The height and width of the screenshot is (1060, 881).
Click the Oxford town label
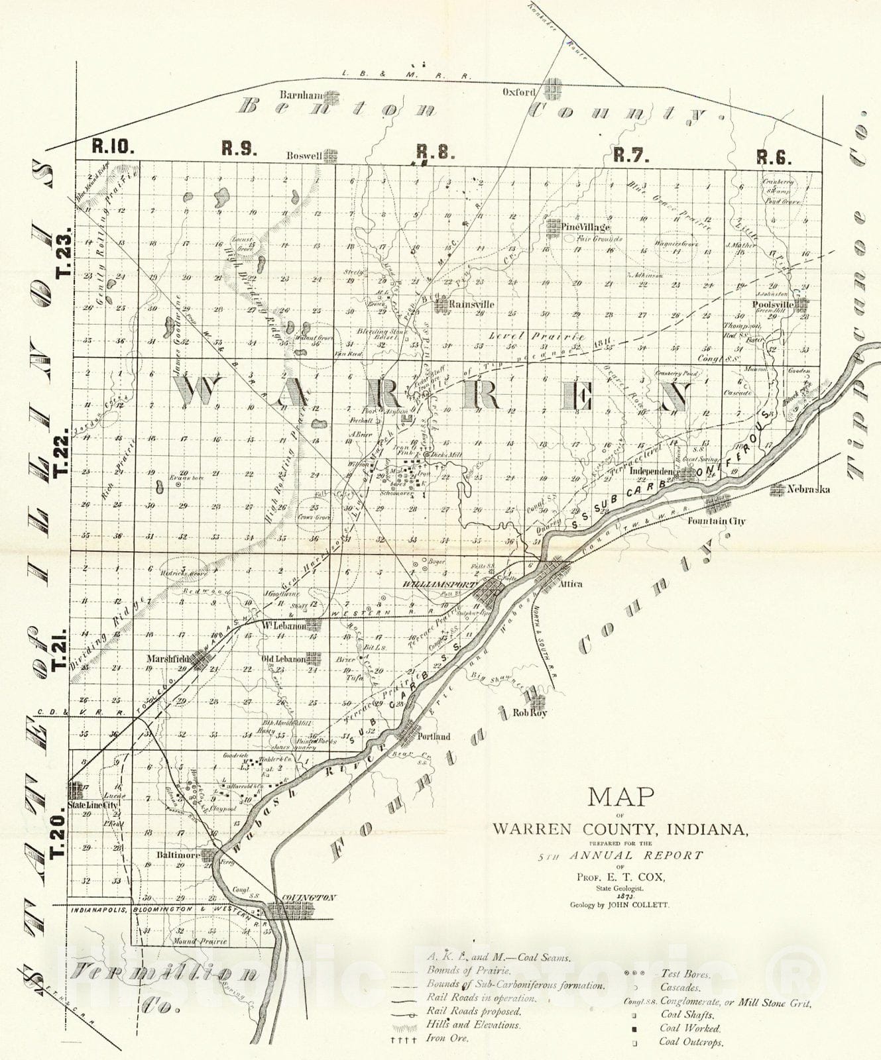[518, 93]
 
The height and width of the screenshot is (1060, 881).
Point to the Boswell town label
[304, 156]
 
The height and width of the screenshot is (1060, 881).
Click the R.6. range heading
[774, 157]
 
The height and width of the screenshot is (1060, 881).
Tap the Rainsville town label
[471, 304]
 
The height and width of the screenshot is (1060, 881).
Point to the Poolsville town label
[773, 305]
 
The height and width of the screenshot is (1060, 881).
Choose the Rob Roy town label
[530, 714]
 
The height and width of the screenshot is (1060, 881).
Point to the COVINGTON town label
[309, 898]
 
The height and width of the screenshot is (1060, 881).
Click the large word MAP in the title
[621, 796]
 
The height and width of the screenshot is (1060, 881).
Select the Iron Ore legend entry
[447, 1038]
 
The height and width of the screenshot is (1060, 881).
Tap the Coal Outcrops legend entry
[691, 1042]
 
